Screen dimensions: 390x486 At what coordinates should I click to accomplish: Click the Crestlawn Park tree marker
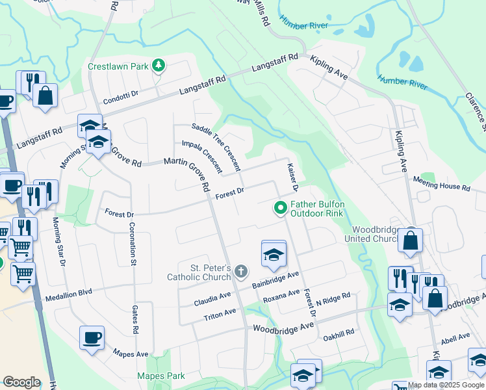158,65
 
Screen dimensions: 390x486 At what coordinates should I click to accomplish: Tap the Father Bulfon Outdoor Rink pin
281,208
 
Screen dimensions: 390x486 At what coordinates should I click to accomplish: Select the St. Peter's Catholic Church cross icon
240,271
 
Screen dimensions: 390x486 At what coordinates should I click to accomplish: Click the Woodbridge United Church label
374,234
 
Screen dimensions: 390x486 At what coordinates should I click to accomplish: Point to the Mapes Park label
161,376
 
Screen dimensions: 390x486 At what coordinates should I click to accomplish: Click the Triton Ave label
220,314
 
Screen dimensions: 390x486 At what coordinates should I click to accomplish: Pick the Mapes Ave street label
131,354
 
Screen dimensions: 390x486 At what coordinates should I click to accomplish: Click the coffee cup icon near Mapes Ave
92,338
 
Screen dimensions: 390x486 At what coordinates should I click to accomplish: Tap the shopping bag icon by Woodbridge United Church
411,240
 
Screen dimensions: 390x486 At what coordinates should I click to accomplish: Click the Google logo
21,382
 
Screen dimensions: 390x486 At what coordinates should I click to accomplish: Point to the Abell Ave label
455,337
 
